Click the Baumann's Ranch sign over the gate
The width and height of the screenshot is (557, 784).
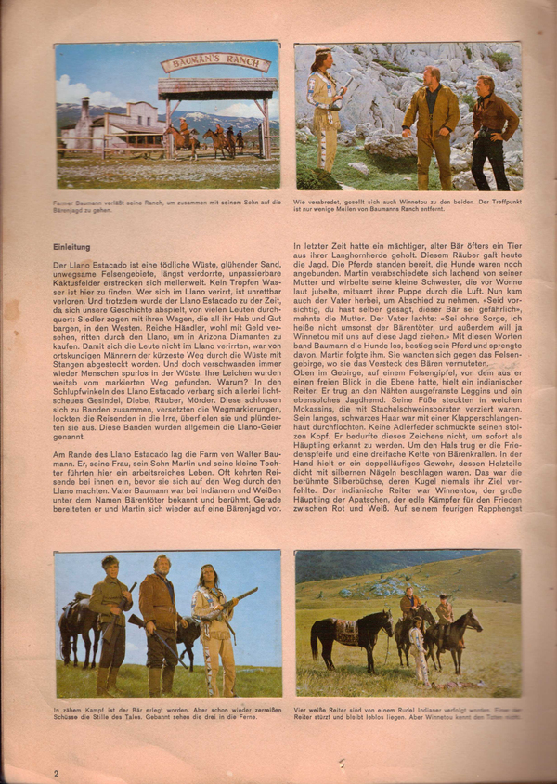(x=216, y=64)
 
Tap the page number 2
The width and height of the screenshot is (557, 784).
(x=57, y=773)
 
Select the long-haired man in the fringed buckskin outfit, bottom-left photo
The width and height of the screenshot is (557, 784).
(x=213, y=627)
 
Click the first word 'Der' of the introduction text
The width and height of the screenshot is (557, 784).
(x=62, y=267)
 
